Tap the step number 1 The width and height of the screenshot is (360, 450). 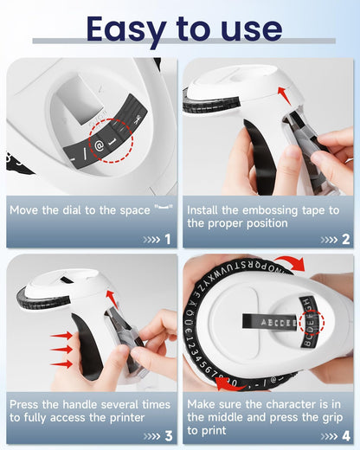tap(167, 239)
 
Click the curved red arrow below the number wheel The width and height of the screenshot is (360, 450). tap(228, 382)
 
